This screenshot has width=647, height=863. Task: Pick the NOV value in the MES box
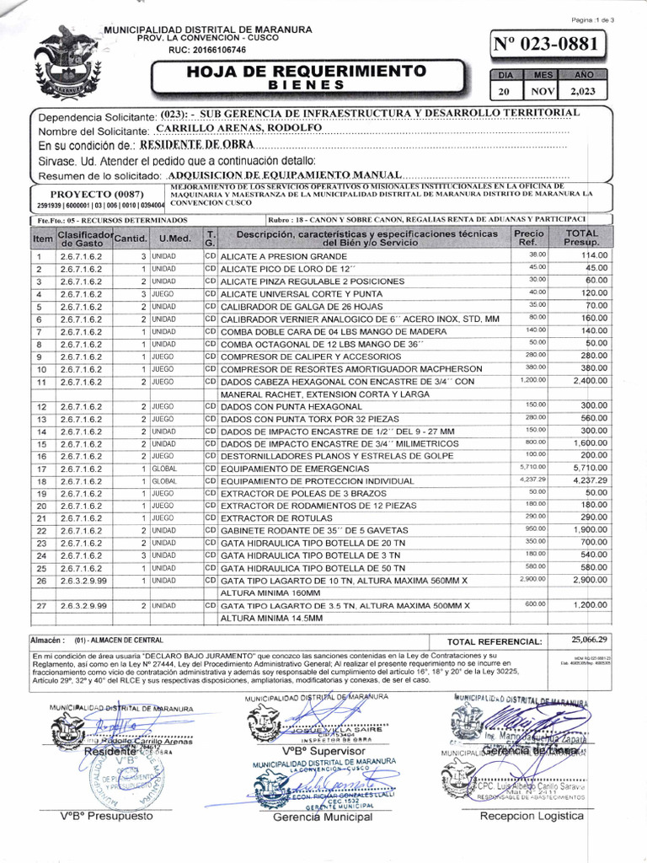(543, 92)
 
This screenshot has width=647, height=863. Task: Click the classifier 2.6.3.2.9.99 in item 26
(83, 582)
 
